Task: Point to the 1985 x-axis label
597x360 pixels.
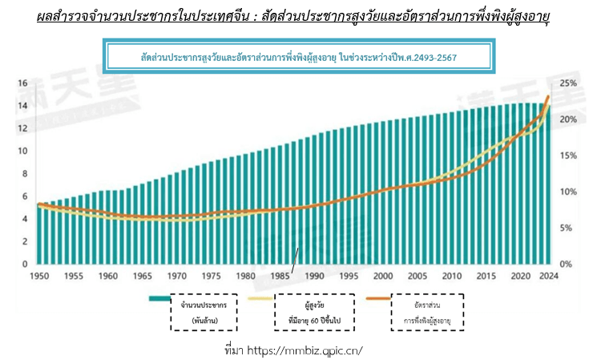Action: [x=280, y=276]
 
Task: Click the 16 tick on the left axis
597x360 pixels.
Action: [x=22, y=83]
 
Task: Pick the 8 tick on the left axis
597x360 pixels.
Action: [x=25, y=174]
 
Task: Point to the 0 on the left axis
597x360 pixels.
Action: [x=25, y=264]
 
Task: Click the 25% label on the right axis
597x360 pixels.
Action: [x=567, y=83]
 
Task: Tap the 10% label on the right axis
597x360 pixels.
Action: [x=567, y=192]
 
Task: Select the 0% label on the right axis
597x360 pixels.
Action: [x=565, y=264]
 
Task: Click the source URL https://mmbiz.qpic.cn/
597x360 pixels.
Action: [x=295, y=350]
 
